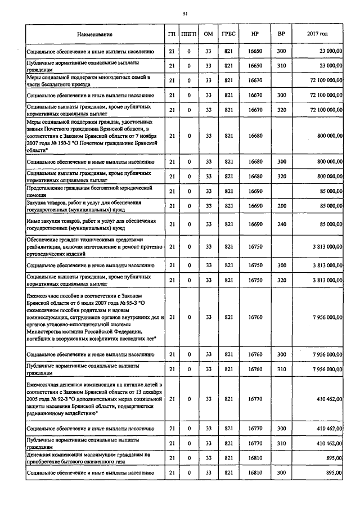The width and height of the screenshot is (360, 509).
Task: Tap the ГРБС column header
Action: [228, 34]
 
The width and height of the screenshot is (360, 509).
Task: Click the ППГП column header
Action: [189, 34]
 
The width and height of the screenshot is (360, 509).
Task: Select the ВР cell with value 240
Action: [281, 224]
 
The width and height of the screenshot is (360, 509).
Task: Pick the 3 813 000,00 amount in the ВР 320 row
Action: [324, 280]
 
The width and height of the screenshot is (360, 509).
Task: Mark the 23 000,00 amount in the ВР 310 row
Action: [330, 65]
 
